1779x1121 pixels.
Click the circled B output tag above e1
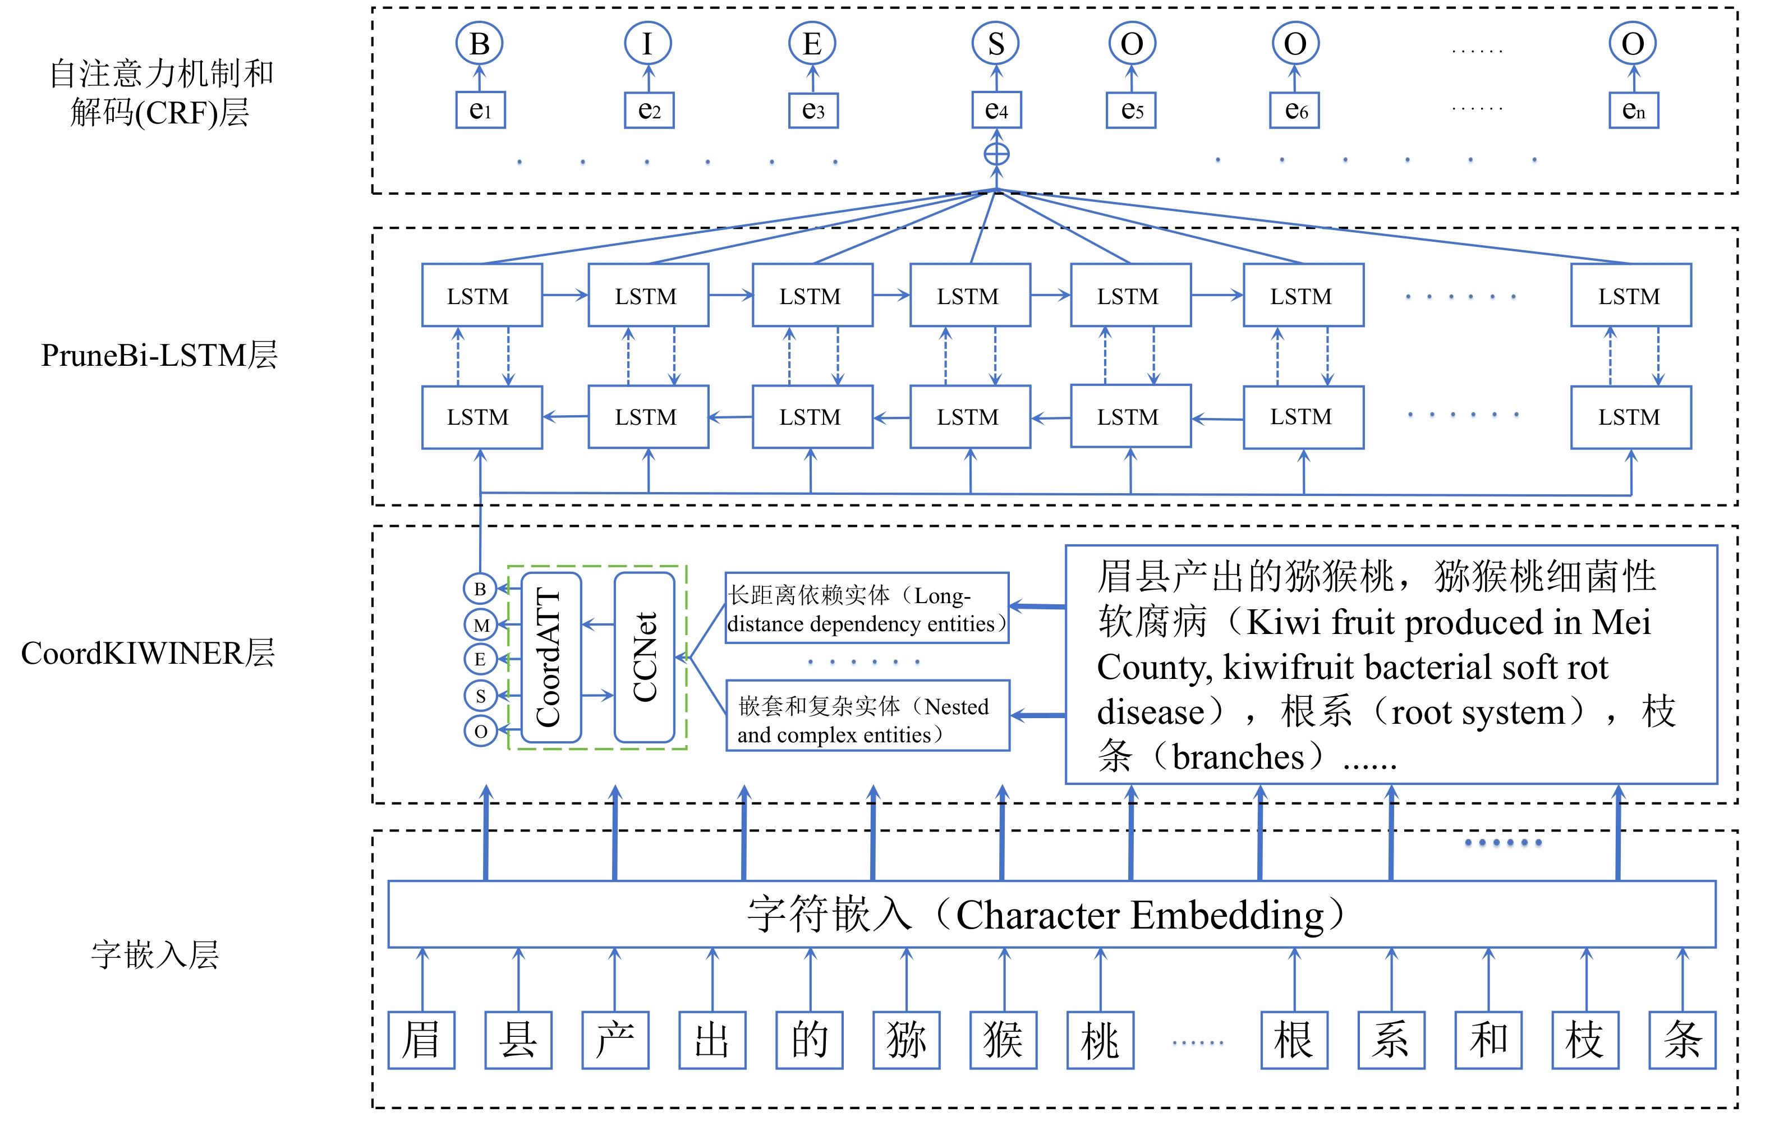pos(480,44)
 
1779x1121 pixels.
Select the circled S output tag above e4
pos(996,44)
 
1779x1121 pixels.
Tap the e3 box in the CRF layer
pos(813,110)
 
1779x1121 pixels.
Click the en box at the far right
pos(1634,110)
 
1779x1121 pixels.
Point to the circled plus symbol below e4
pos(996,154)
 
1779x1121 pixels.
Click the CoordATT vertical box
pos(551,658)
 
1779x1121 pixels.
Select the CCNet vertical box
pos(644,658)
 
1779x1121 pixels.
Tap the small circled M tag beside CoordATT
pos(480,625)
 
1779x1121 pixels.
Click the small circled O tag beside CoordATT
pos(480,731)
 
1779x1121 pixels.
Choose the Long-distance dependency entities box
pos(867,608)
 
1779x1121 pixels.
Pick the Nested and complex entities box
pos(867,716)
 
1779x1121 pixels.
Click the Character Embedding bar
pos(1051,914)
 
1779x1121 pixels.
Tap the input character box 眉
pos(422,1040)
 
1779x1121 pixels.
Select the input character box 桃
pos(1100,1040)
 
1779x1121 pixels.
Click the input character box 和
pos(1488,1040)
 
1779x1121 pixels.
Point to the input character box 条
pos(1682,1040)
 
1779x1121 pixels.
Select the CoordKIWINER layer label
pos(148,653)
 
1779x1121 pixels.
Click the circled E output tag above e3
pos(812,44)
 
